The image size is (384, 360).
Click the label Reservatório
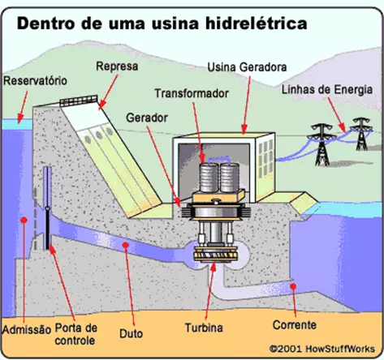tap(35, 81)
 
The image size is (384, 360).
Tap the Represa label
tap(117, 66)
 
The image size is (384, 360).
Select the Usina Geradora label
tap(247, 67)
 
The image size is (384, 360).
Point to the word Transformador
tap(192, 93)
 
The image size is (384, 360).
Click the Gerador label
tap(147, 118)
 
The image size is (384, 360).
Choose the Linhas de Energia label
tap(327, 89)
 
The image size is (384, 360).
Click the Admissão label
tap(27, 330)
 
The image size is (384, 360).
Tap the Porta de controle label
tap(76, 334)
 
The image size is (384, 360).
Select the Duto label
tap(131, 333)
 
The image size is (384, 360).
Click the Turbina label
tap(204, 328)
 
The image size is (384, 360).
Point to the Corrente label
tap(295, 325)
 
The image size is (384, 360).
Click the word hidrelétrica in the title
tap(257, 24)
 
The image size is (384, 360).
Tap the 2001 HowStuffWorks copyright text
tap(322, 349)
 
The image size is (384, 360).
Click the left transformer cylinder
tap(209, 178)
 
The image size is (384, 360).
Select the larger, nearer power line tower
tap(321, 144)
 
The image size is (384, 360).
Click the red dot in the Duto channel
tap(125, 245)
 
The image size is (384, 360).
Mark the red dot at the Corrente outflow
tap(293, 286)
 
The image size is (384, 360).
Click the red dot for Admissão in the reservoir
tap(24, 220)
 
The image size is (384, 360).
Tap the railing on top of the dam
tap(79, 101)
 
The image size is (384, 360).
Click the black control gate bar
tap(48, 229)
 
